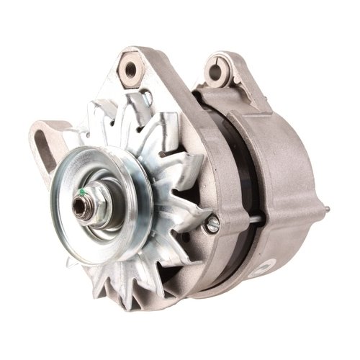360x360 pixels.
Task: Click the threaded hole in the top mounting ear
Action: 132,70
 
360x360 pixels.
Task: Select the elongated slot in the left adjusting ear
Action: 45,147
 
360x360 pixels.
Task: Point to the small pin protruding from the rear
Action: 328,211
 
